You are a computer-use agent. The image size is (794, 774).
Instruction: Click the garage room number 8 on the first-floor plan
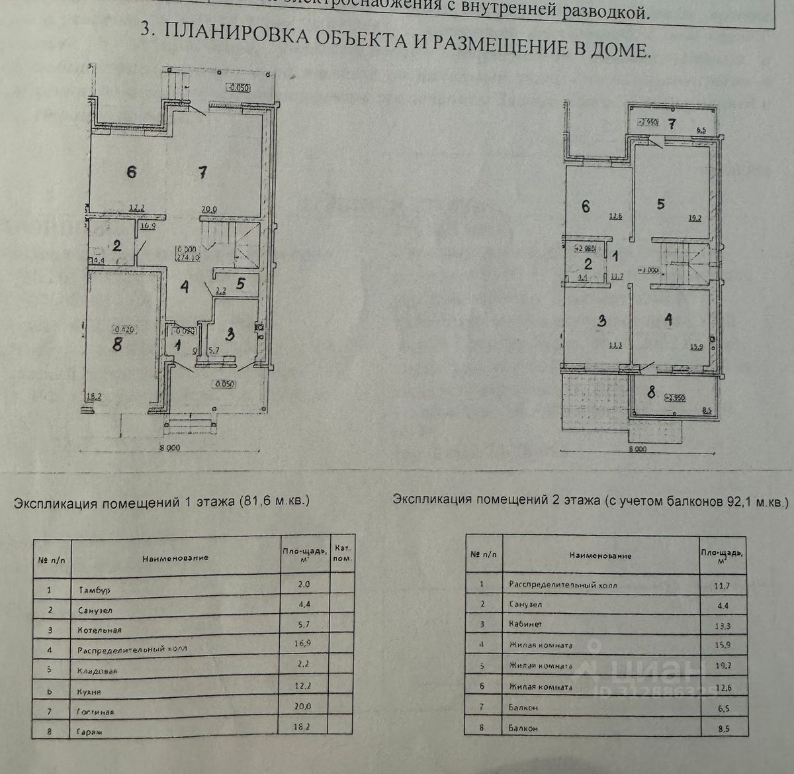[117, 345]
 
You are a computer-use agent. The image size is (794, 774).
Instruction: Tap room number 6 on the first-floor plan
[132, 171]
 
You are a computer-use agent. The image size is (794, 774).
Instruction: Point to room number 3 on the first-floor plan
[230, 334]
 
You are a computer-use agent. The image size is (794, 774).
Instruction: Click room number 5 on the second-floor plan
[660, 204]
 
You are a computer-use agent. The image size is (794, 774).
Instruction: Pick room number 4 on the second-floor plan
[669, 320]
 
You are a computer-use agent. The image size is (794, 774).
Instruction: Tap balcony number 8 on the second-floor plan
[652, 393]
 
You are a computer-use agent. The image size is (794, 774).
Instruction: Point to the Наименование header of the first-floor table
[175, 557]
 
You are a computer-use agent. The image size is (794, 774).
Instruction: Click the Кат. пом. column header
[343, 553]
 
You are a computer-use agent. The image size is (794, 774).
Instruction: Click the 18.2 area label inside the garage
[95, 397]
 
